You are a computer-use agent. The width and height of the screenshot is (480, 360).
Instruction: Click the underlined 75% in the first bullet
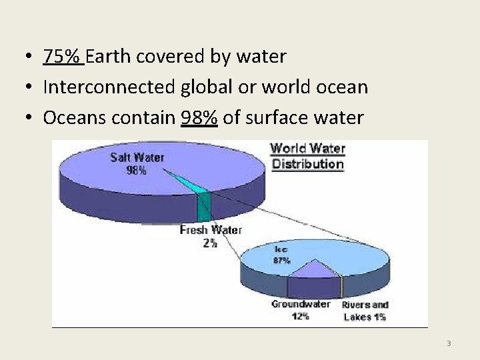point(63,57)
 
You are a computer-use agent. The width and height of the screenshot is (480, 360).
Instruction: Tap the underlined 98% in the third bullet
point(199,119)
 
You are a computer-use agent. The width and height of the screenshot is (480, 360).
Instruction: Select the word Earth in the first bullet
point(108,57)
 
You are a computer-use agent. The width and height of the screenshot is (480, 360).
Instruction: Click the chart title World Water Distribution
point(307,156)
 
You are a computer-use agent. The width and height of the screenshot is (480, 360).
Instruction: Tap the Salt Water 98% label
point(137,163)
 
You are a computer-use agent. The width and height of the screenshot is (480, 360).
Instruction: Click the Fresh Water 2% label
point(210,237)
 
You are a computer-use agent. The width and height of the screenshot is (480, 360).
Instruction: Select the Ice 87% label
point(281,255)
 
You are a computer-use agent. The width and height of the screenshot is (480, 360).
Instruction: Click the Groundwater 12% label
point(301,310)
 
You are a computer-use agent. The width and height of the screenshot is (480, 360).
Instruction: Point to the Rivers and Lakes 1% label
point(365,311)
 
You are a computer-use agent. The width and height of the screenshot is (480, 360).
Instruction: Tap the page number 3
point(449,343)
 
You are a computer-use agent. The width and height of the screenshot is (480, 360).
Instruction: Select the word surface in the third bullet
point(272,119)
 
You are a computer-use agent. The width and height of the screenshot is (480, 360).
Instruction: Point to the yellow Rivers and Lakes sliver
point(342,287)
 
